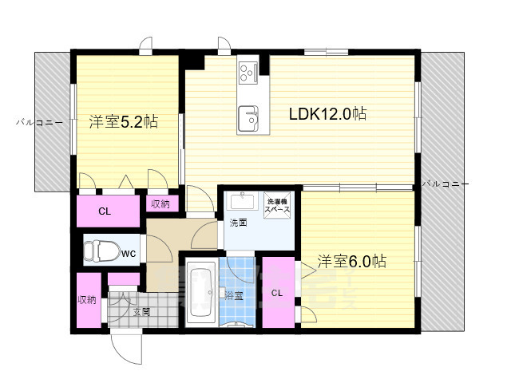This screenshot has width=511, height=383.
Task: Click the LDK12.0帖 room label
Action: (x=327, y=114)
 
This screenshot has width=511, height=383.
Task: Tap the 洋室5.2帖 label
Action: (x=123, y=122)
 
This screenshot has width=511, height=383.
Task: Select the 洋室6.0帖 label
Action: (x=352, y=261)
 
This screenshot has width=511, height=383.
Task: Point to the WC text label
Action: (x=129, y=253)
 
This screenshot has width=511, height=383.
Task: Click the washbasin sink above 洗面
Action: (x=240, y=201)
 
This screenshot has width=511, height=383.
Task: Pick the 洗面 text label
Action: (x=238, y=223)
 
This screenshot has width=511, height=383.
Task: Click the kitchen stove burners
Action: (x=246, y=73)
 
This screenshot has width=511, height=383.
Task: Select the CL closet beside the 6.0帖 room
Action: (x=277, y=293)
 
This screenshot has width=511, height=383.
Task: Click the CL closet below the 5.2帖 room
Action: (x=105, y=211)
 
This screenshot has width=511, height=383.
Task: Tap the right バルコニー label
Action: (x=445, y=184)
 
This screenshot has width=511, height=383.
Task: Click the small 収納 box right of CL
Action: (x=160, y=204)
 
